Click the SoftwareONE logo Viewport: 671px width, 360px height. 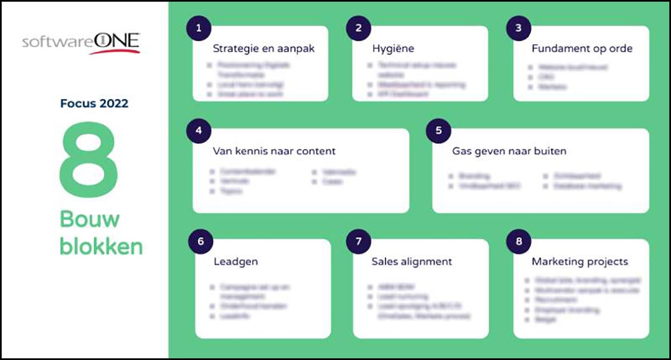(82, 42)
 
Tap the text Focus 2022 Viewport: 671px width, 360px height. (94, 103)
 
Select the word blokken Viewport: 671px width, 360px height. (101, 246)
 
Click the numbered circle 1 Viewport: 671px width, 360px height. (199, 28)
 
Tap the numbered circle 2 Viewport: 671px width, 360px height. (358, 28)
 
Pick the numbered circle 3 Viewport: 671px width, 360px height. (518, 28)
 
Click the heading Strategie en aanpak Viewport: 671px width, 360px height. (263, 49)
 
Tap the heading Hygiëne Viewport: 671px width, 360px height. (393, 49)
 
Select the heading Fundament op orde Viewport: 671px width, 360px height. (582, 49)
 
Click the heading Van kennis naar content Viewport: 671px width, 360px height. (274, 151)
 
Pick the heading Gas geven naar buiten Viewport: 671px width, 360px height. (508, 151)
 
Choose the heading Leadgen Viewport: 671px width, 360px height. (235, 262)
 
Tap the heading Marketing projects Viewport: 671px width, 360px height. (579, 262)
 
